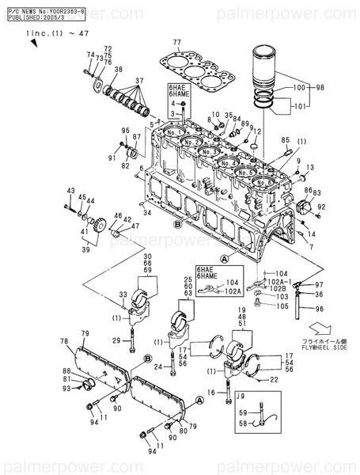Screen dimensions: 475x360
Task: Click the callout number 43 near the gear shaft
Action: [70, 192]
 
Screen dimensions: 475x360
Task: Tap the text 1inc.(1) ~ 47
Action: [47, 34]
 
